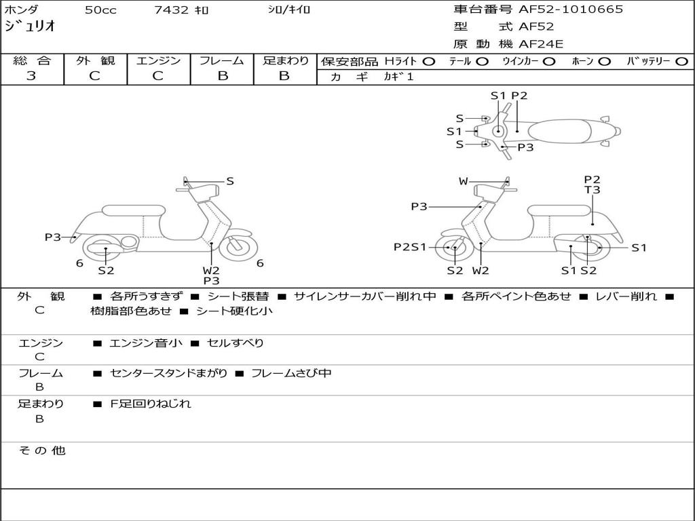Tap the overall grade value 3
[31, 76]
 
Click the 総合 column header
[31, 60]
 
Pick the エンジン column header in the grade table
[158, 60]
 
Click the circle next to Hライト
[428, 61]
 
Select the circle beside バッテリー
[681, 61]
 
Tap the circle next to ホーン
[604, 61]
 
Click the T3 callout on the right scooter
[593, 190]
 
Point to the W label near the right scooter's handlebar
[463, 181]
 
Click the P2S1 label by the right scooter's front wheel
[410, 248]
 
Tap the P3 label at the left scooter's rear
[53, 237]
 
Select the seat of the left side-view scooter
[132, 210]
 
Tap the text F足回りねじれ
[151, 404]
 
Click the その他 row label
[41, 450]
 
